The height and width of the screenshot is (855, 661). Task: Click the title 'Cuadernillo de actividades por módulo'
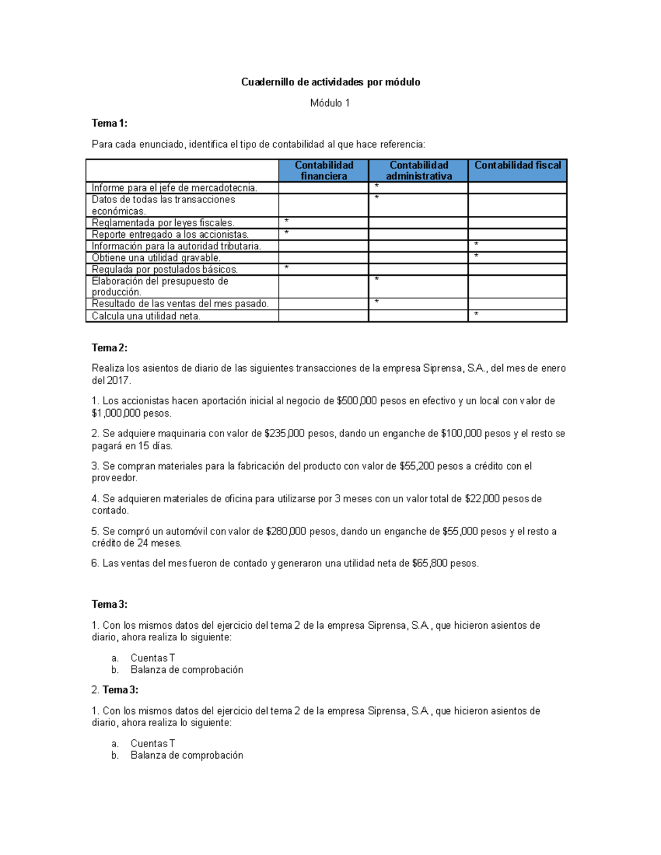(330, 82)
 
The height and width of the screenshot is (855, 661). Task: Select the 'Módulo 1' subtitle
(329, 103)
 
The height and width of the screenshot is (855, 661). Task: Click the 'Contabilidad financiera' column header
(324, 170)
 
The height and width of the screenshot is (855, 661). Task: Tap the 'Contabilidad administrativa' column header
(419, 170)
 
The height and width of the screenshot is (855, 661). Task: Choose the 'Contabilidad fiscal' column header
(517, 165)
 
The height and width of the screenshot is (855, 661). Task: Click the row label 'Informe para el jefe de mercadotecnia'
(174, 188)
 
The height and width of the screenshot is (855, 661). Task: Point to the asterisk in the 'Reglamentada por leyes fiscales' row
(286, 221)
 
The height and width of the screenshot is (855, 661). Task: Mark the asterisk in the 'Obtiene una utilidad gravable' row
(476, 256)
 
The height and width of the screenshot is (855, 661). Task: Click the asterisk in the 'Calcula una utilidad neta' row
(476, 314)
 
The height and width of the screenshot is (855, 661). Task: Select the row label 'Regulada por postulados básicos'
(165, 269)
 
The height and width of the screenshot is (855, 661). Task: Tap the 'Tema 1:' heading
(109, 123)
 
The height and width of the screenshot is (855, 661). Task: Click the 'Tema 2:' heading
(109, 347)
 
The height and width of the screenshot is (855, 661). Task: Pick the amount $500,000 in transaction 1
(356, 401)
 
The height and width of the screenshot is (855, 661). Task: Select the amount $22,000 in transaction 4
(482, 498)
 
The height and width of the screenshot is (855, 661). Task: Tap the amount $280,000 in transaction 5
(285, 531)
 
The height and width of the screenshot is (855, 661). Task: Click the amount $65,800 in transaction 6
(429, 563)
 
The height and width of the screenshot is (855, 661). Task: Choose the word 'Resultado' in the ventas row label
(112, 303)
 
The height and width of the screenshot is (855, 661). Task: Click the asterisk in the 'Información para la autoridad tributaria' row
(476, 244)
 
